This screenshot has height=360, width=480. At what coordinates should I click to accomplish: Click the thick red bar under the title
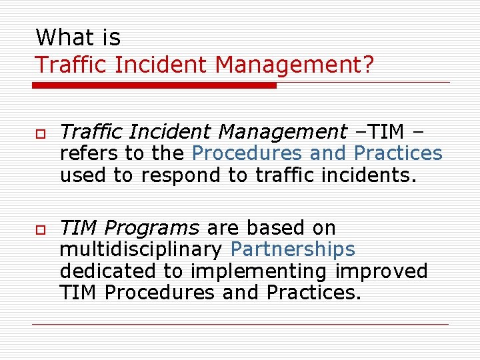[x=154, y=85]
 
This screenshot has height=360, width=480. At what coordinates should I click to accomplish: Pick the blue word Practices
[x=398, y=153]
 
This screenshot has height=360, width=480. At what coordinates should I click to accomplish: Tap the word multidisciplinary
[x=141, y=250]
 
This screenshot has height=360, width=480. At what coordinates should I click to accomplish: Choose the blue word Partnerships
[x=293, y=250]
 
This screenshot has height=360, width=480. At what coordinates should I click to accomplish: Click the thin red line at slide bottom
[x=240, y=325]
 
